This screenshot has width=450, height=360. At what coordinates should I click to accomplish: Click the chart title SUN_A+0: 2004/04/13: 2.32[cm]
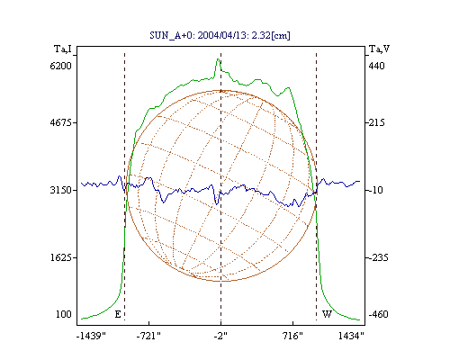pos(220,35)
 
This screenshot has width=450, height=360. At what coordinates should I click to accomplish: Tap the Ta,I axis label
pos(63,49)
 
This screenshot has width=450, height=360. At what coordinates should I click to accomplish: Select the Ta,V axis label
pos(379,49)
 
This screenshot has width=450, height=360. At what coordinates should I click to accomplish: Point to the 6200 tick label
pos(61,66)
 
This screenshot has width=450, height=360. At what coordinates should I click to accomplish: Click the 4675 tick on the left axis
pos(61,122)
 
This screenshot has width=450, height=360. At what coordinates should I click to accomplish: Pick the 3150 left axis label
pos(61,190)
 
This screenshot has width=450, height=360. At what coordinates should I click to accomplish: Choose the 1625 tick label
pos(61,257)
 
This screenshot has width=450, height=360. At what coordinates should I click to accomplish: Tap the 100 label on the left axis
pos(64,314)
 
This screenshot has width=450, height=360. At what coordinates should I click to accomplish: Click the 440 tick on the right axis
pos(376,66)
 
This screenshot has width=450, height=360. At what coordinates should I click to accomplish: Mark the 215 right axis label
pos(376,122)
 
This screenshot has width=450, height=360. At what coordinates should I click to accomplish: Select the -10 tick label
pos(376,190)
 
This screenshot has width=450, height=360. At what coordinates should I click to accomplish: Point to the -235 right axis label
pos(378,257)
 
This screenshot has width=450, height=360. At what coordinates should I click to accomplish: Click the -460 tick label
pos(378,314)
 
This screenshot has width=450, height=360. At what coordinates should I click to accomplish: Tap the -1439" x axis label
pos(91,336)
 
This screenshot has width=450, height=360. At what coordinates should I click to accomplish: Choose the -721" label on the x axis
pos(148,336)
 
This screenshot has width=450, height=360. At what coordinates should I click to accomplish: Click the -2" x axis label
pos(220,336)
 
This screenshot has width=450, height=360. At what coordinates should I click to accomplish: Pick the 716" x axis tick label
pos(292,336)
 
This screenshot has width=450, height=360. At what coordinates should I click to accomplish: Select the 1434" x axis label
pos(351,336)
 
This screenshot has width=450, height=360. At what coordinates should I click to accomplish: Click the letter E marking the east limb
pos(118,314)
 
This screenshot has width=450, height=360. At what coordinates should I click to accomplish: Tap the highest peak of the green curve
pos(219,58)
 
